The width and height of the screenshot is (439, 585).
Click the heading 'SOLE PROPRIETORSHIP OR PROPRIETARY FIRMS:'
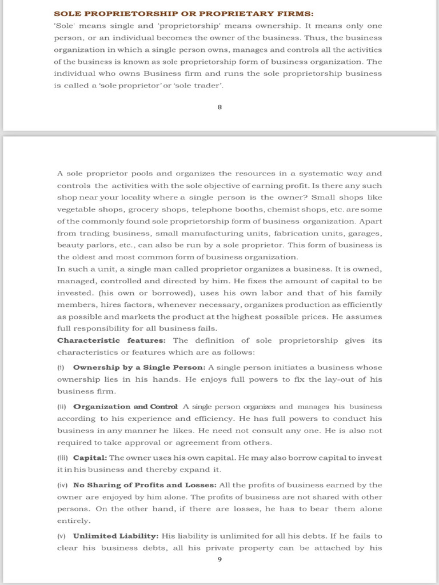pos(183,14)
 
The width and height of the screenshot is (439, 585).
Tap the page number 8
pos(219,107)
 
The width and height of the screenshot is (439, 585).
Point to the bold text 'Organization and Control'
pos(126,407)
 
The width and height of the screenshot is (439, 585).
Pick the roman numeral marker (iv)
pos(63,484)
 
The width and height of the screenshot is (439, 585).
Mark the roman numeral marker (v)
pos(62,536)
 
